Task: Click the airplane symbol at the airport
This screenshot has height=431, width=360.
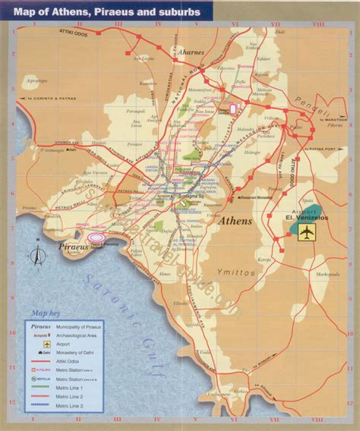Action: click(306, 231)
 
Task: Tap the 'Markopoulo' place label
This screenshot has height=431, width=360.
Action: click(328, 273)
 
